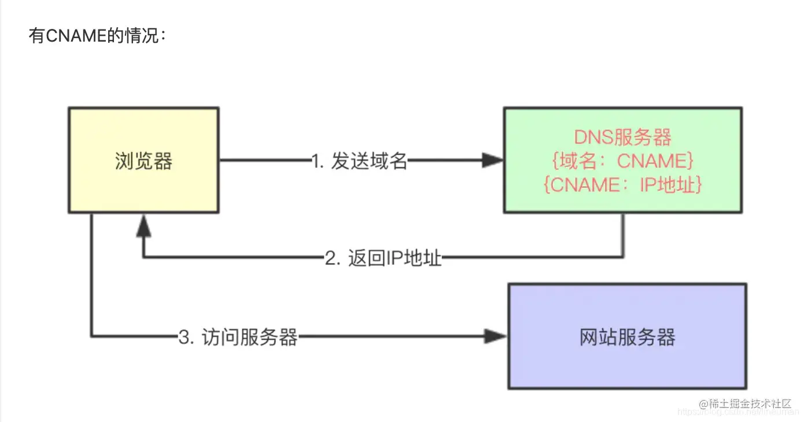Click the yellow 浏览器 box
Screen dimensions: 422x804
pyautogui.click(x=143, y=160)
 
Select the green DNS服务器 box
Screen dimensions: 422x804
pyautogui.click(x=622, y=160)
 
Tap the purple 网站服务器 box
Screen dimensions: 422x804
pyautogui.click(x=627, y=336)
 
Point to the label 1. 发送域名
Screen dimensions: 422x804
pyautogui.click(x=359, y=162)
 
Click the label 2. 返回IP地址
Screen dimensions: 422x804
pyautogui.click(x=383, y=258)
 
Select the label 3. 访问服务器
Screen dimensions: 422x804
pyautogui.click(x=238, y=336)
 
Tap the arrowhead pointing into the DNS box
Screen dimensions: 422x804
pyautogui.click(x=493, y=161)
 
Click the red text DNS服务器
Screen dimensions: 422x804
pyautogui.click(x=622, y=138)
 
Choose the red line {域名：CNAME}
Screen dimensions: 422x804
pyautogui.click(x=622, y=161)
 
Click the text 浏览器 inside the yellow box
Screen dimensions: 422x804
pyautogui.click(x=143, y=161)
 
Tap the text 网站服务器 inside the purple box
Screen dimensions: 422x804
pyautogui.click(x=627, y=336)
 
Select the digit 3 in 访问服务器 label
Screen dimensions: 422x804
pyautogui.click(x=185, y=337)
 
